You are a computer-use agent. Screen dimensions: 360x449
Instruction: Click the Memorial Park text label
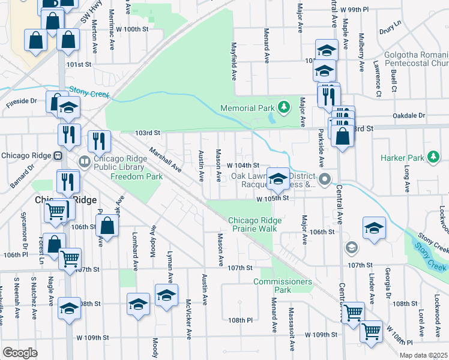point(247,108)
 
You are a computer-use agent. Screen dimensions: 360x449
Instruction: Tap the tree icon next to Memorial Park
point(285,108)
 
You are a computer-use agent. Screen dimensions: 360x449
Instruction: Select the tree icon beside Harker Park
point(432,158)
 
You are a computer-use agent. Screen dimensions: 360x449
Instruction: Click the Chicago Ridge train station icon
point(58,155)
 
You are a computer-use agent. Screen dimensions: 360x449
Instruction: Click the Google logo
point(20,353)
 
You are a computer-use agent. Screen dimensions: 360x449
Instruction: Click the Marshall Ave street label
point(165,160)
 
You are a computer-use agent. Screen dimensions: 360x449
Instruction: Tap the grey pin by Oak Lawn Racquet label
point(325,179)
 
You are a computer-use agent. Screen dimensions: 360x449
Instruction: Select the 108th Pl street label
point(241,320)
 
